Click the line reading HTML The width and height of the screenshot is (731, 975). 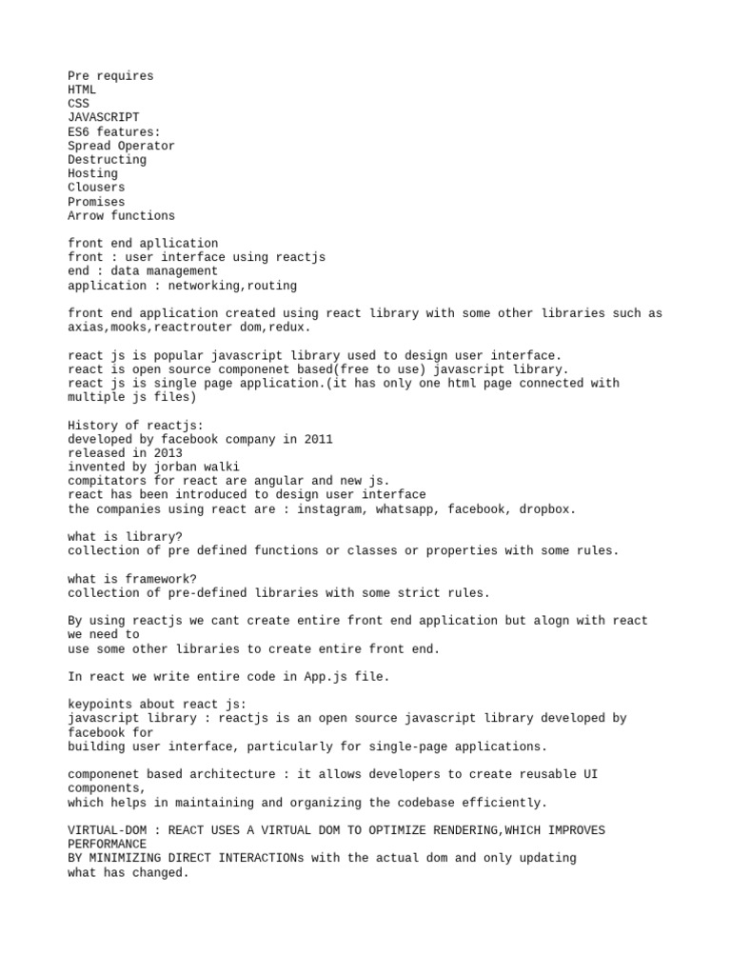tap(82, 90)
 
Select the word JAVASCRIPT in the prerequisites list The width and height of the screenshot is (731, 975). tap(103, 117)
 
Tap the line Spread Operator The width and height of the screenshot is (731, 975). tap(121, 146)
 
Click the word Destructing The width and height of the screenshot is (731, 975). tap(107, 160)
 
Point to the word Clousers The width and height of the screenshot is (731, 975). tap(96, 188)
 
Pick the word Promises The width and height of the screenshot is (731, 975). tap(96, 202)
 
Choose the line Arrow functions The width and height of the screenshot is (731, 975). tap(121, 216)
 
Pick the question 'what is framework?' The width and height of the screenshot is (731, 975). tap(131, 579)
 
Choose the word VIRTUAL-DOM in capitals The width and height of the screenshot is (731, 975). tap(107, 831)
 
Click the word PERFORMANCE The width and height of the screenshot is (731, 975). tap(107, 845)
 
